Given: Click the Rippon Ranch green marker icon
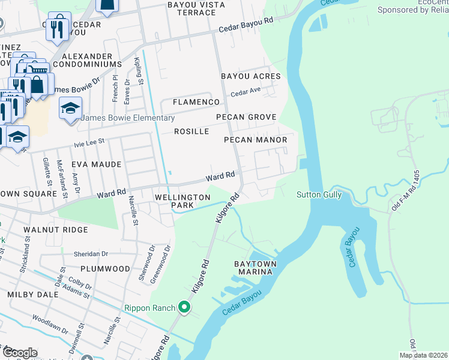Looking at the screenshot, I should click(184, 308).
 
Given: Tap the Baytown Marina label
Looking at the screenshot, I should click(253, 268).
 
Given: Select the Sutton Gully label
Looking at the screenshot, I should click(319, 194).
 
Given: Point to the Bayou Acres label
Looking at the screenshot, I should click(250, 76).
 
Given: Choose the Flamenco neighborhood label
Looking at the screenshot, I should click(196, 102).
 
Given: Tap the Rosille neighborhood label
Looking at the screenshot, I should click(191, 131).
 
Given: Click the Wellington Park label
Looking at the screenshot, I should click(182, 201).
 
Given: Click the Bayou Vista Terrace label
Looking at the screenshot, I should click(195, 8).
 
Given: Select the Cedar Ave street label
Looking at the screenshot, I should click(244, 93).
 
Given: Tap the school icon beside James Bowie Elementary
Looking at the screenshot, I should click(70, 109).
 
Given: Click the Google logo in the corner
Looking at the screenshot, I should click(20, 353).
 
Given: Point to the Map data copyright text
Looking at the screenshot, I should click(423, 355).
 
